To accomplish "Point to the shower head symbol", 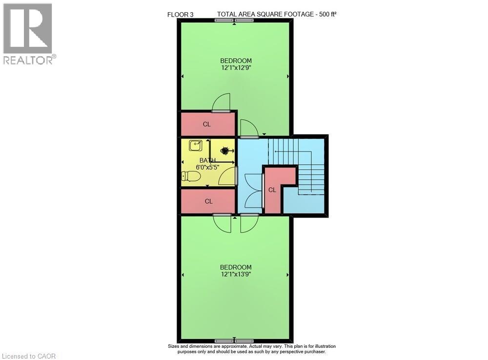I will (224, 151).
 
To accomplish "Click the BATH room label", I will (207, 160).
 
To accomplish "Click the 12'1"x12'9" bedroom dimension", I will (236, 68).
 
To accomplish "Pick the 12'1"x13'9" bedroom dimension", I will (236, 275).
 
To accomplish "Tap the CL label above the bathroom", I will (207, 124).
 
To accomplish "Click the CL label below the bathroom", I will (208, 201).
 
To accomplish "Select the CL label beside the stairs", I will (272, 190).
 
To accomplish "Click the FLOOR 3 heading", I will (181, 15).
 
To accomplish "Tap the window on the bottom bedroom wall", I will (234, 340).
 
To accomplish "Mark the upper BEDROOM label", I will (236, 61).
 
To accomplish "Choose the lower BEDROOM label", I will (236, 267).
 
